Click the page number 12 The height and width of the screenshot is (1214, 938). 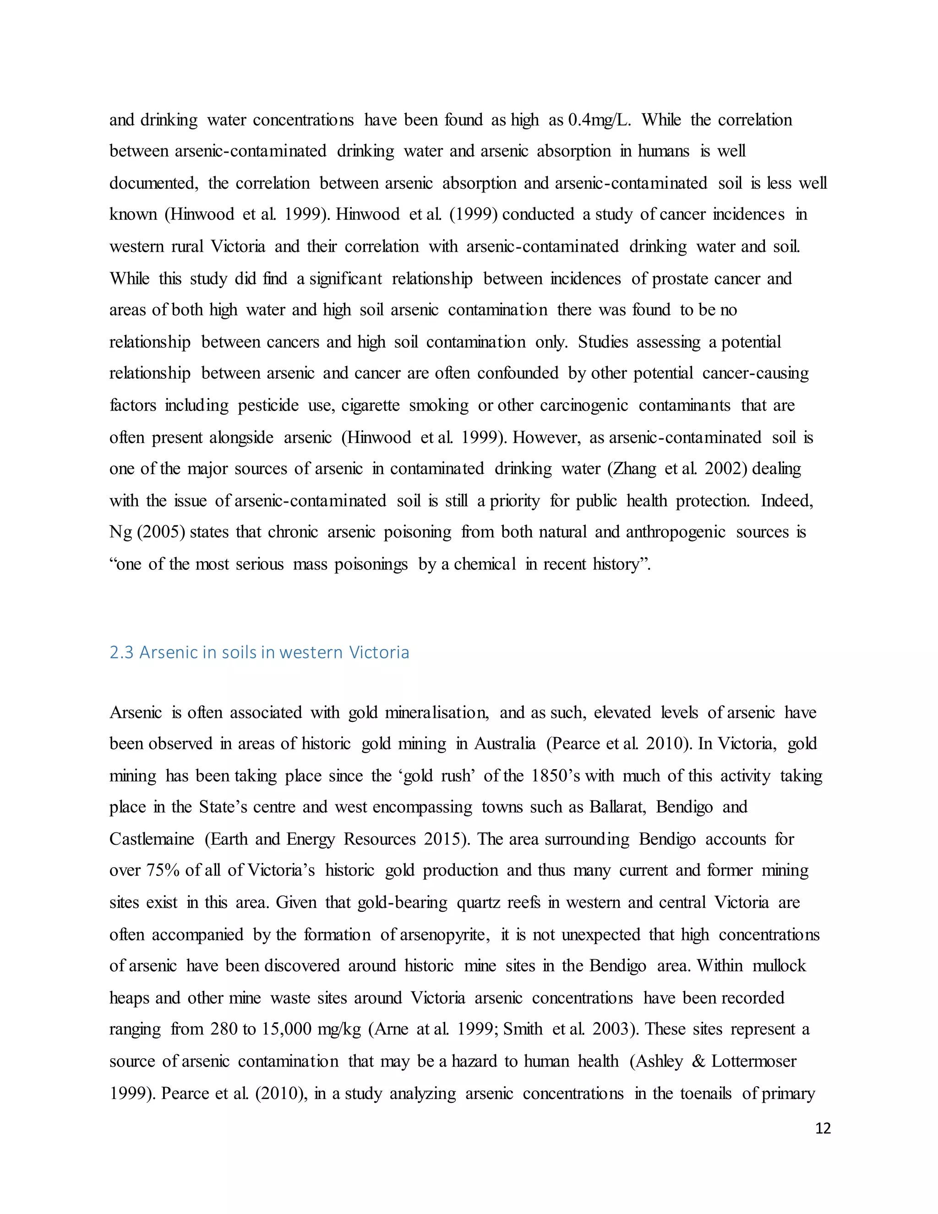click(823, 1128)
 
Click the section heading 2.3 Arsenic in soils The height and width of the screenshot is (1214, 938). click(259, 652)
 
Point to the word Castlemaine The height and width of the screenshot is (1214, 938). click(152, 839)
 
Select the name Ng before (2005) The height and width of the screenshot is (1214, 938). click(120, 532)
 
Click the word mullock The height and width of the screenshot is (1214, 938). click(779, 966)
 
